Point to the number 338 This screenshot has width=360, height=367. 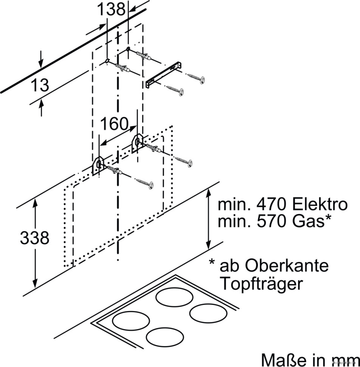click(x=35, y=238)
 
